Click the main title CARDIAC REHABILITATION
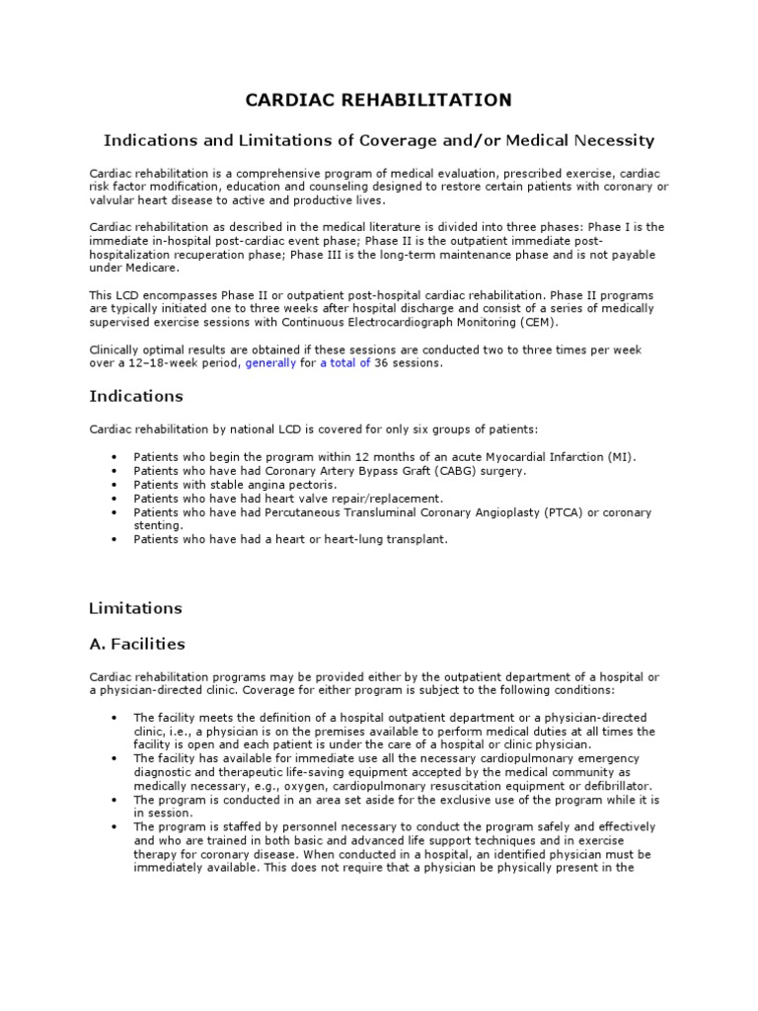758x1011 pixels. [x=379, y=100]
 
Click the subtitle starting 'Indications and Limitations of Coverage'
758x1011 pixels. [x=379, y=141]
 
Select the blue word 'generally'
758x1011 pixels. [x=269, y=362]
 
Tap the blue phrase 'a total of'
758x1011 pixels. [x=344, y=362]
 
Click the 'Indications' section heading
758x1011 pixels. [x=136, y=396]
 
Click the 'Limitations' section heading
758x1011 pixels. [x=136, y=607]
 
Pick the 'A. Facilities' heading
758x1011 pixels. [x=137, y=644]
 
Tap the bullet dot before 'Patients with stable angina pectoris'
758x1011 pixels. [x=115, y=485]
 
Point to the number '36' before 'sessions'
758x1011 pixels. [x=382, y=362]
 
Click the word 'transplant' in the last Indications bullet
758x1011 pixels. [x=415, y=540]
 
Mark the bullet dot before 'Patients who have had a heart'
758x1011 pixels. [x=115, y=540]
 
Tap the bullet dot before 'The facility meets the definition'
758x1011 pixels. [x=115, y=717]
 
